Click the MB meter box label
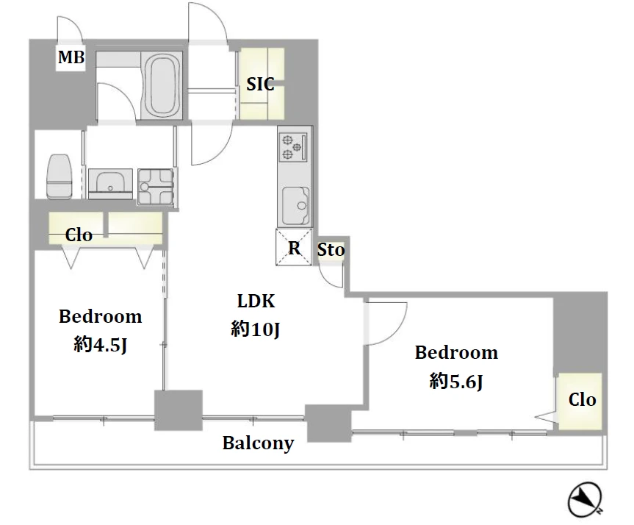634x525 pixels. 71,57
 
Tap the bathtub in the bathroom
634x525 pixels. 162,85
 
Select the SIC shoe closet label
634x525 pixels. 260,84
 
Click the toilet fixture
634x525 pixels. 60,176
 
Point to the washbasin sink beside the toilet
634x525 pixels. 110,184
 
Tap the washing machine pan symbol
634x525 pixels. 156,187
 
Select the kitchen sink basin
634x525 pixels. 295,206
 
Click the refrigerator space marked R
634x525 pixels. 294,247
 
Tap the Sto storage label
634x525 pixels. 331,250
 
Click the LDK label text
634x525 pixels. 256,301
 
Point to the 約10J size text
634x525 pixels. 255,329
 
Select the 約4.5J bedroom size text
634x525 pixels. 100,345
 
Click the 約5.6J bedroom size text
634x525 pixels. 456,381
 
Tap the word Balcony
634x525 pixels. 258,443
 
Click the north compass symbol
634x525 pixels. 585,499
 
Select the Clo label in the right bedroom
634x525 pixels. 583,399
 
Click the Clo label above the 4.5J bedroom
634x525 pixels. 79,235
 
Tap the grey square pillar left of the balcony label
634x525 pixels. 179,410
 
